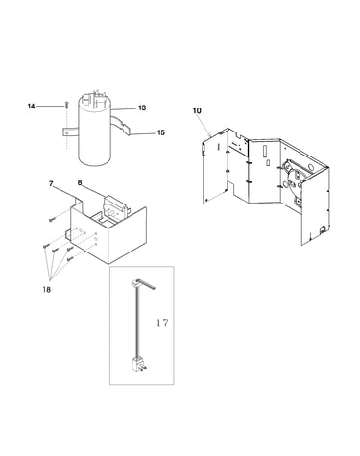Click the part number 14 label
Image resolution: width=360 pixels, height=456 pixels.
pos(31,106)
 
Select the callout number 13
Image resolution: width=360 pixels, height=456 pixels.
pos(142,108)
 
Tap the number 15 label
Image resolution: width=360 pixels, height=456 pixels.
pos(161,132)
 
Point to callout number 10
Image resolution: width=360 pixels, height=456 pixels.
pos(197,110)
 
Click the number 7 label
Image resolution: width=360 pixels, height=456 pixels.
pos(51,183)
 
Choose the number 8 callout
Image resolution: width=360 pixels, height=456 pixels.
pos(80,182)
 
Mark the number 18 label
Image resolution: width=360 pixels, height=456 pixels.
pos(47,290)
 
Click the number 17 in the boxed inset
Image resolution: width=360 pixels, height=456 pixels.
pos(162,323)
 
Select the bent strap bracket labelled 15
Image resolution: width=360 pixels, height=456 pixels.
pos(121,125)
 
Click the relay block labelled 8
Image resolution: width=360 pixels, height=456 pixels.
pos(114,208)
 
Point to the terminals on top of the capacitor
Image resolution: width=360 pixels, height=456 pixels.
pos(94,96)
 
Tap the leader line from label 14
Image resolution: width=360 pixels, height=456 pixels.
pos(50,106)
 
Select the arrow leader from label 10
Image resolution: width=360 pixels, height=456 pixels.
pos(204,125)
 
